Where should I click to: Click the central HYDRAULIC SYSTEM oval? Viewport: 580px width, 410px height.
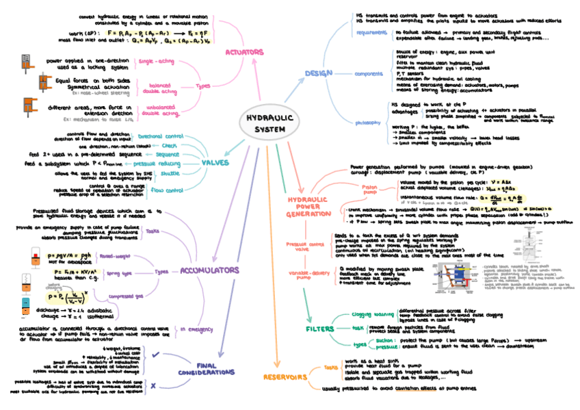270,124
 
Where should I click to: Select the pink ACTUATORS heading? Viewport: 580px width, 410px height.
245,51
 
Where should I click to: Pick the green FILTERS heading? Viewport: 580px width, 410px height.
321,329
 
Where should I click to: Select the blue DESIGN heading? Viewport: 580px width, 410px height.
319,72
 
